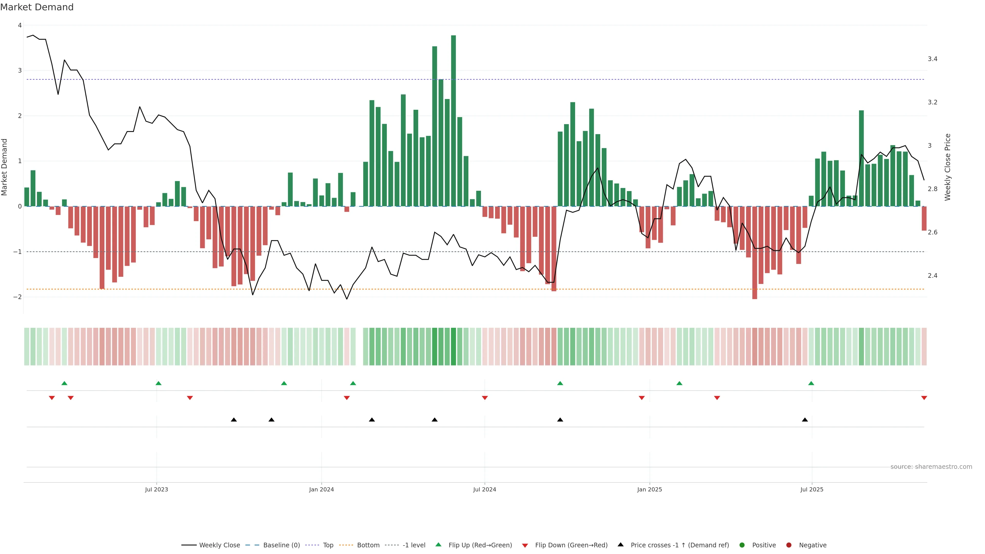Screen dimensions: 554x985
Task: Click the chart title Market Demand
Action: point(37,7)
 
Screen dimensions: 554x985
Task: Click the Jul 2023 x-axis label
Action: point(156,489)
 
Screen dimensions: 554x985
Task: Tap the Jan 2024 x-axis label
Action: point(321,489)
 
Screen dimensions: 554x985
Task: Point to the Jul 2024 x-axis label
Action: point(485,489)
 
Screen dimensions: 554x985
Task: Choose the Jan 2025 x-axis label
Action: point(649,489)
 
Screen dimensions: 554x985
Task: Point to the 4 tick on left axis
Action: point(19,25)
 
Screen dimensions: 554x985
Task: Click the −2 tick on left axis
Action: point(18,297)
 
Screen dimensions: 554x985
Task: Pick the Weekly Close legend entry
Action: point(219,545)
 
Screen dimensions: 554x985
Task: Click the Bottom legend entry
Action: point(368,545)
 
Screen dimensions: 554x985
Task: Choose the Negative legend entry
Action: point(812,545)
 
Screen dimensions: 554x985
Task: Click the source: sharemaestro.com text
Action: point(931,467)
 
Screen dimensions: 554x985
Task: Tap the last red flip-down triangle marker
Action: point(924,398)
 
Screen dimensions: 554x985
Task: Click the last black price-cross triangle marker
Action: point(804,420)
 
